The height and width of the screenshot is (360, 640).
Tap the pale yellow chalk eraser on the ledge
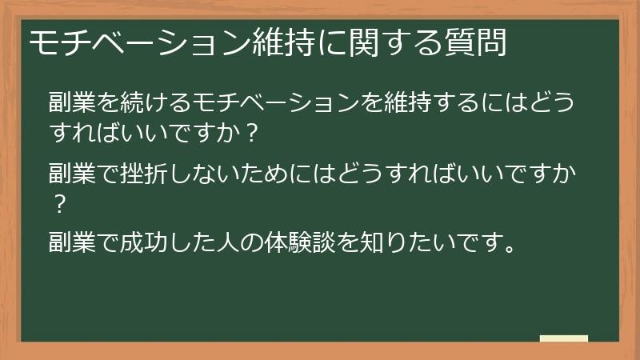(x=563, y=338)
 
